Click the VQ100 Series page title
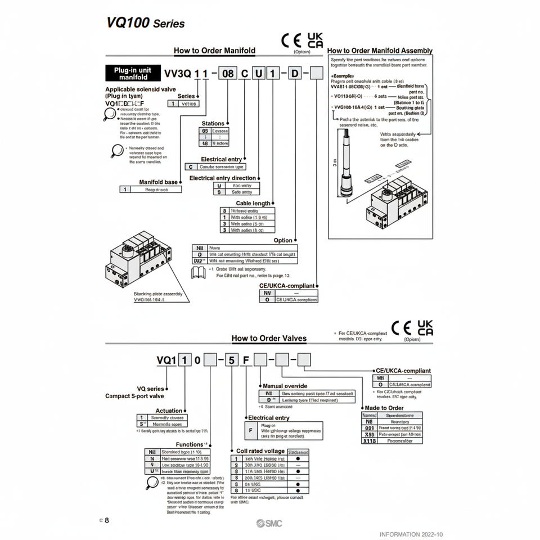click(145, 24)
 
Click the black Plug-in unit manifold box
click(133, 74)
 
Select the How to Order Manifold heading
click(214, 51)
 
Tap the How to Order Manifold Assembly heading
click(380, 51)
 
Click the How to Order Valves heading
click(269, 338)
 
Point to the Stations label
click(213, 123)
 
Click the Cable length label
click(253, 203)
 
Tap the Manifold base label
click(158, 182)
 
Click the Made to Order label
click(384, 408)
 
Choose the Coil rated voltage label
click(260, 451)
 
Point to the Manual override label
click(285, 386)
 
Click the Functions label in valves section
click(190, 444)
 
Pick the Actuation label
click(169, 411)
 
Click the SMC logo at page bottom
click(269, 524)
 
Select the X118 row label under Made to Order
click(369, 442)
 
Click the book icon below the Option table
click(199, 273)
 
